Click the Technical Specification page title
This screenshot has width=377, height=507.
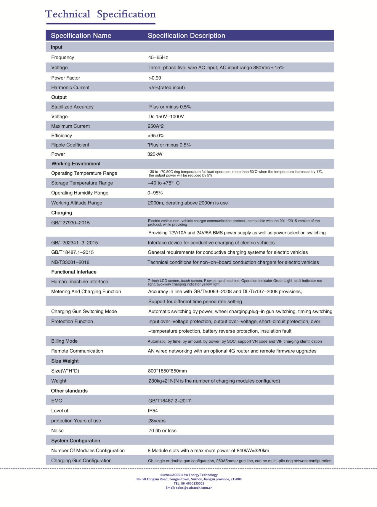[100, 14]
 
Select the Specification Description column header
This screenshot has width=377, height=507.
[186, 35]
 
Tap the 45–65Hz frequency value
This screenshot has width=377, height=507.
[158, 57]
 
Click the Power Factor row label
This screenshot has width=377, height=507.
[65, 78]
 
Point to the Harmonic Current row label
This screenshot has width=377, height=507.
[70, 88]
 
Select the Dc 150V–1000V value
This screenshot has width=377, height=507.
[166, 116]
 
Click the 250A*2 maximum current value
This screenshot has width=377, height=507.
[155, 126]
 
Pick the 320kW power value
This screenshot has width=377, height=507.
[155, 154]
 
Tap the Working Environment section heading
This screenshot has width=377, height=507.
[76, 164]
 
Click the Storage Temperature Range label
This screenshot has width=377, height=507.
[82, 183]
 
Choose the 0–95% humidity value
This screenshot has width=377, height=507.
[155, 193]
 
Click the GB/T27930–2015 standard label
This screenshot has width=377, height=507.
[70, 223]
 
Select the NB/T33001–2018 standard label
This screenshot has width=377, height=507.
[70, 262]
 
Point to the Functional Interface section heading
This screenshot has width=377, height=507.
[74, 272]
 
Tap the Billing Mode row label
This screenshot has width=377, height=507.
[64, 341]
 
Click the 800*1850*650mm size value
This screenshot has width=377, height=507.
[167, 371]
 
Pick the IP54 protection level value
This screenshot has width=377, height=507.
[153, 411]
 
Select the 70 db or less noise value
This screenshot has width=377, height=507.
[162, 430]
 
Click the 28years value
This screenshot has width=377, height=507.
[157, 421]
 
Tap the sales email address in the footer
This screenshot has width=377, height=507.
[189, 487]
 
